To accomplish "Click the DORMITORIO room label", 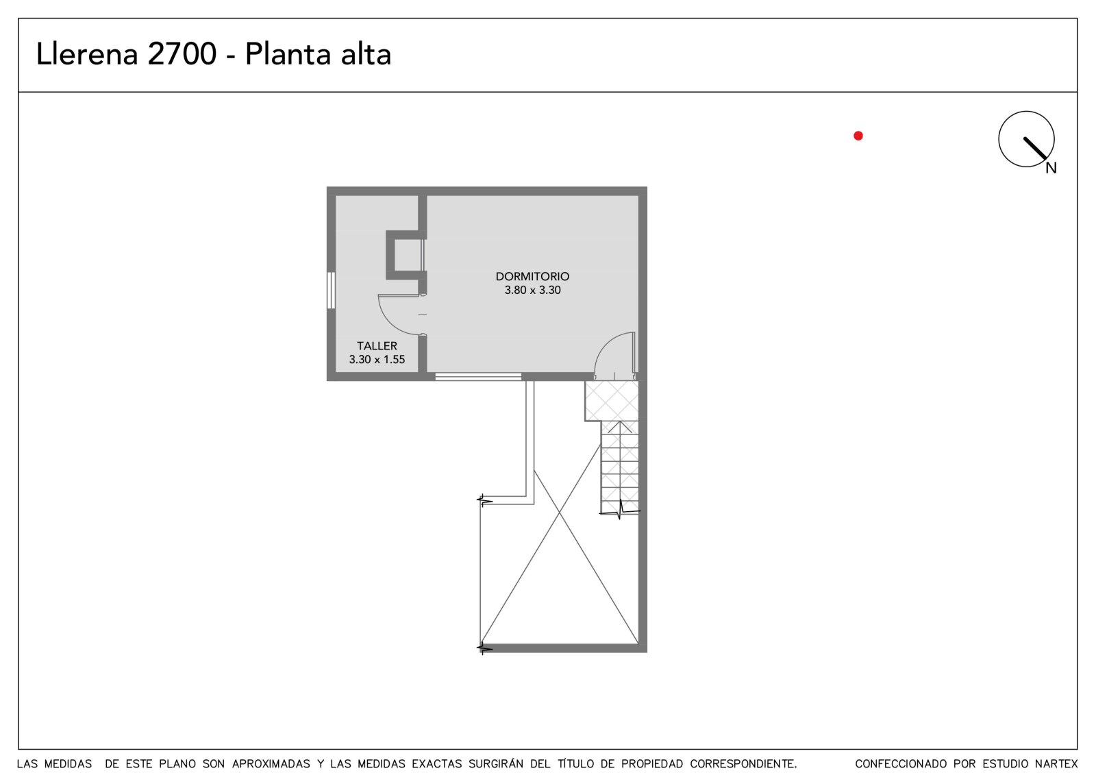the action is [532, 276].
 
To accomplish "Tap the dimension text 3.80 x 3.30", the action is [532, 290].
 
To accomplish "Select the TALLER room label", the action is [377, 345].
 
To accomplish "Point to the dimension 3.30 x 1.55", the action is [377, 359].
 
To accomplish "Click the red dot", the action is [858, 136].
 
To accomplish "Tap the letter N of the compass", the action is [1051, 168].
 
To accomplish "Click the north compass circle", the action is [999, 139].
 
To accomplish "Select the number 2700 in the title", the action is [182, 54].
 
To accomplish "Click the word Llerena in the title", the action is [87, 54].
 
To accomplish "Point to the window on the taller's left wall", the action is [332, 291].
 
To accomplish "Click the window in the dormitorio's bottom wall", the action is [478, 376].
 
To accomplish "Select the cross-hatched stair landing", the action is [612, 401].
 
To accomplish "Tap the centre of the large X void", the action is [560, 513].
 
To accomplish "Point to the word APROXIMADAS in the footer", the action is [271, 764].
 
